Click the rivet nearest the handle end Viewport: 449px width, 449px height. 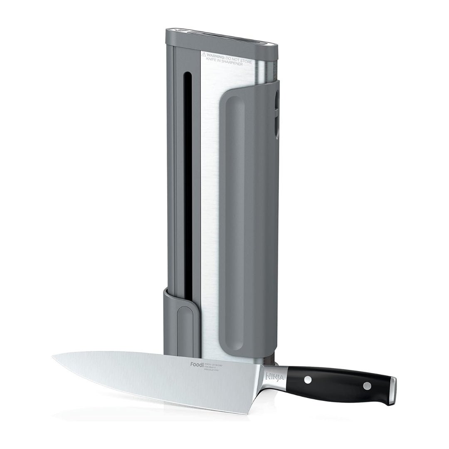(x=367, y=385)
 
